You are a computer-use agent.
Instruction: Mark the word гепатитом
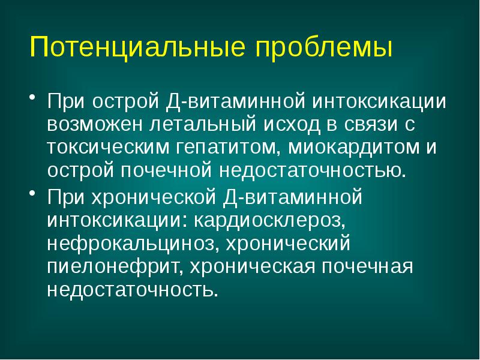[232, 147]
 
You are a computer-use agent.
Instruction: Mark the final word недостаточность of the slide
[131, 292]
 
